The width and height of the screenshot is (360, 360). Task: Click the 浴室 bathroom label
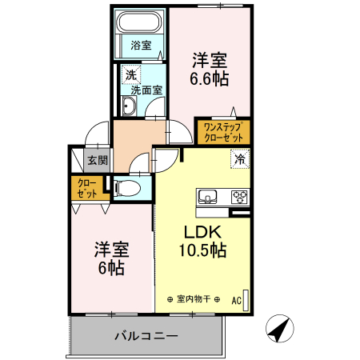141,46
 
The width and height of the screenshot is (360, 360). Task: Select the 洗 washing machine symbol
130,75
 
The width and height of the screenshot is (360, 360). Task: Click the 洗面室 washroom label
147,90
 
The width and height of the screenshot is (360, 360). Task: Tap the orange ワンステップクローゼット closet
222,131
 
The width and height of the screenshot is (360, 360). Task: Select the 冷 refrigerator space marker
239,159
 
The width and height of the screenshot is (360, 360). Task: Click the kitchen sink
208,197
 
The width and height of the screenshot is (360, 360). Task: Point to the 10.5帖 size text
202,250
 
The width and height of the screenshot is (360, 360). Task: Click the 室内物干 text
194,299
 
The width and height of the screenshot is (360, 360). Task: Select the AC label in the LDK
237,301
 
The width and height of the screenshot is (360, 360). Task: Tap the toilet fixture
128,188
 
